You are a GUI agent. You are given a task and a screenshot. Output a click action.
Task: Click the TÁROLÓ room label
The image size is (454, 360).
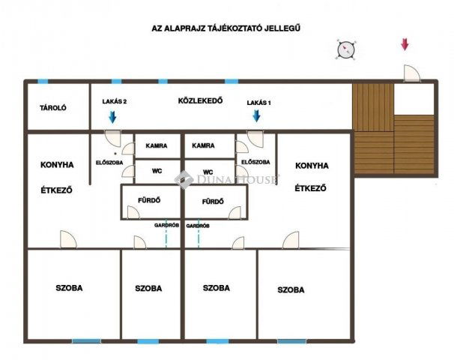click(x=53, y=108)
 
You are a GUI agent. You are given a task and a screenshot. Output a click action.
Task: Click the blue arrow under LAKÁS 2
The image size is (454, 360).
click(x=112, y=116)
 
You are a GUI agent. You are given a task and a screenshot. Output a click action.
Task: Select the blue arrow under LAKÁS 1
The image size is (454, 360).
click(x=256, y=115)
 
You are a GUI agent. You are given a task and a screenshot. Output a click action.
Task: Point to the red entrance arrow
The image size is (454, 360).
click(x=405, y=44)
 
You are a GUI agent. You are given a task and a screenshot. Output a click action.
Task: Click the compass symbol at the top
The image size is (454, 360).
click(x=345, y=49)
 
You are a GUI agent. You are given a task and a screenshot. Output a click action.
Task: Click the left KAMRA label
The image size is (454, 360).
click(x=157, y=146)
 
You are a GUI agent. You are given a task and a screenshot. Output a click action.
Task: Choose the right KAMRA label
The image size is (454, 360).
click(x=203, y=146)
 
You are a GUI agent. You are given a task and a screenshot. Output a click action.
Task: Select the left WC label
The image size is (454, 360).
click(x=157, y=171)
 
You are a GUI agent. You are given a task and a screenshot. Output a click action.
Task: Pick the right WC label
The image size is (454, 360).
click(x=209, y=171)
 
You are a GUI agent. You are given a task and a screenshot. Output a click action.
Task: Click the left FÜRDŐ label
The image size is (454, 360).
click(x=151, y=201)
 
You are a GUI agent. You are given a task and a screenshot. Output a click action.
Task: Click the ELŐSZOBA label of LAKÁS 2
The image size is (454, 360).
click(x=109, y=162)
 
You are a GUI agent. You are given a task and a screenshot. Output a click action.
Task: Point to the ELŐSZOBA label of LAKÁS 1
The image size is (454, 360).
click(x=256, y=162)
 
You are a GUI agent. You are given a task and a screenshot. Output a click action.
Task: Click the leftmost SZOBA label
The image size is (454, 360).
click(x=69, y=288)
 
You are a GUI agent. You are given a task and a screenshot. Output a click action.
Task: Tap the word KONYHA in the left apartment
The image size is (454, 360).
click(x=57, y=165)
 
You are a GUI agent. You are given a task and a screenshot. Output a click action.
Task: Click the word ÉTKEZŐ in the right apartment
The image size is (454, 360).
click(x=310, y=189)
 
